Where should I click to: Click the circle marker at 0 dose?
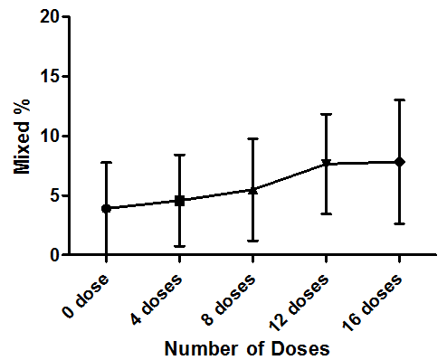[106, 208]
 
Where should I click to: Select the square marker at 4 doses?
[180, 201]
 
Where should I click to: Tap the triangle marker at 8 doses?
[253, 190]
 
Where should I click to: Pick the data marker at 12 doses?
[327, 163]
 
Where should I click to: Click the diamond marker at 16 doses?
[400, 162]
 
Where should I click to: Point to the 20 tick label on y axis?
[50, 17]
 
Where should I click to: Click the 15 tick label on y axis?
[50, 76]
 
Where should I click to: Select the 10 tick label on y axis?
[50, 136]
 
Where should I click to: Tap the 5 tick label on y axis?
[54, 195]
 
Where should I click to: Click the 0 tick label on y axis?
[54, 255]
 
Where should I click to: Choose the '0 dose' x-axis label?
[85, 296]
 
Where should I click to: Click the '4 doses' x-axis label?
[157, 298]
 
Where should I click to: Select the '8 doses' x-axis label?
[229, 299]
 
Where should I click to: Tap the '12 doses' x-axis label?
[299, 303]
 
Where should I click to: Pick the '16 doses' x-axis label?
[372, 303]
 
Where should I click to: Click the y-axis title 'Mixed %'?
[22, 137]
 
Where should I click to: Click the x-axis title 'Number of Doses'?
[247, 348]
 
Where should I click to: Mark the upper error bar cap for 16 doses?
[400, 99]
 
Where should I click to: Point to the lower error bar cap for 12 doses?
[327, 214]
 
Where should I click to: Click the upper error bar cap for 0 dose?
[106, 162]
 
